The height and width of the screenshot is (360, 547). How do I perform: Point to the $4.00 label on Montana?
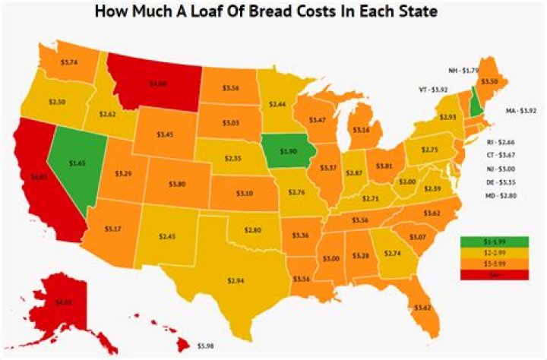158,84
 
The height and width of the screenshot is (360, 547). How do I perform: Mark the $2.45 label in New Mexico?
166,236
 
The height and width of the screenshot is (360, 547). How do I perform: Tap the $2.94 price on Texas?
237,280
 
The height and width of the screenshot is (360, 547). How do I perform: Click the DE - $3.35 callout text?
500,183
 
